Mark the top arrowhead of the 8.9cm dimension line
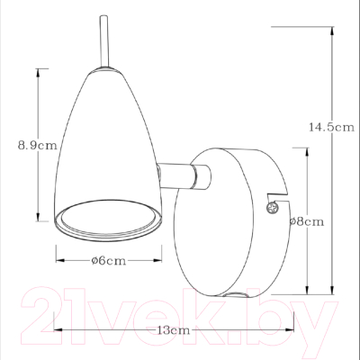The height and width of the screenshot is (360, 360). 39,70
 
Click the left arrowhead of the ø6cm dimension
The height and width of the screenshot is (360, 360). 58,261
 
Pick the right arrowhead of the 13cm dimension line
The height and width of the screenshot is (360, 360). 297,331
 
